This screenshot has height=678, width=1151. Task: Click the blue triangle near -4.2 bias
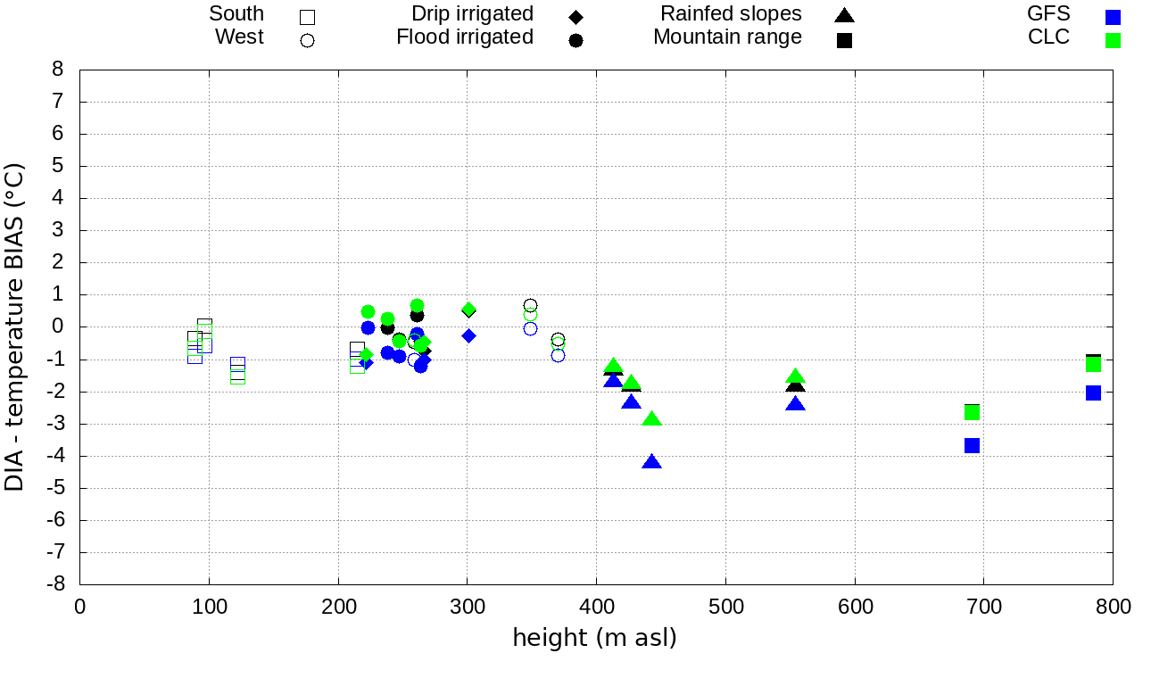click(x=651, y=462)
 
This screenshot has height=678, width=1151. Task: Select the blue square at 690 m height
click(x=973, y=445)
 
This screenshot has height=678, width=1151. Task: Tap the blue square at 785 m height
click(x=1093, y=393)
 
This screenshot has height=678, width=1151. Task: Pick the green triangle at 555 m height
click(x=796, y=376)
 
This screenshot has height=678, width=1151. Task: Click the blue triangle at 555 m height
click(x=796, y=404)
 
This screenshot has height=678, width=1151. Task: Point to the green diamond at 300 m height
click(x=468, y=310)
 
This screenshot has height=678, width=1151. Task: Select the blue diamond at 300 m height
click(x=468, y=335)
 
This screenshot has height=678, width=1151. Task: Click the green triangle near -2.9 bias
click(x=652, y=419)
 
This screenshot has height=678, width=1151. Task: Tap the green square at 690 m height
click(x=973, y=412)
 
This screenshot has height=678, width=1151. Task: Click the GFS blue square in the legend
click(x=1112, y=16)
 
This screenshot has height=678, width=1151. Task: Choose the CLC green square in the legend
click(x=1112, y=40)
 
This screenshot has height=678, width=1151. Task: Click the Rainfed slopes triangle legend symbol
click(x=844, y=15)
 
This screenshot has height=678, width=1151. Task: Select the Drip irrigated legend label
click(x=472, y=14)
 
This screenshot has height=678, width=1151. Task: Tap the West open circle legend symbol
click(x=307, y=40)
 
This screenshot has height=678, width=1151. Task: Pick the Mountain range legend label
click(x=727, y=37)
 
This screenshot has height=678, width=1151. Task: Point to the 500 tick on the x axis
click(x=725, y=608)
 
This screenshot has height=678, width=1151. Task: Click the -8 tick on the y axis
click(x=59, y=584)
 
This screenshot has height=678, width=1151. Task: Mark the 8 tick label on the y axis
click(x=59, y=70)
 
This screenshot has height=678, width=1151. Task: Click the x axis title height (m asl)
click(x=594, y=638)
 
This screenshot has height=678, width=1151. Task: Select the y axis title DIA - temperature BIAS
click(x=15, y=327)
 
